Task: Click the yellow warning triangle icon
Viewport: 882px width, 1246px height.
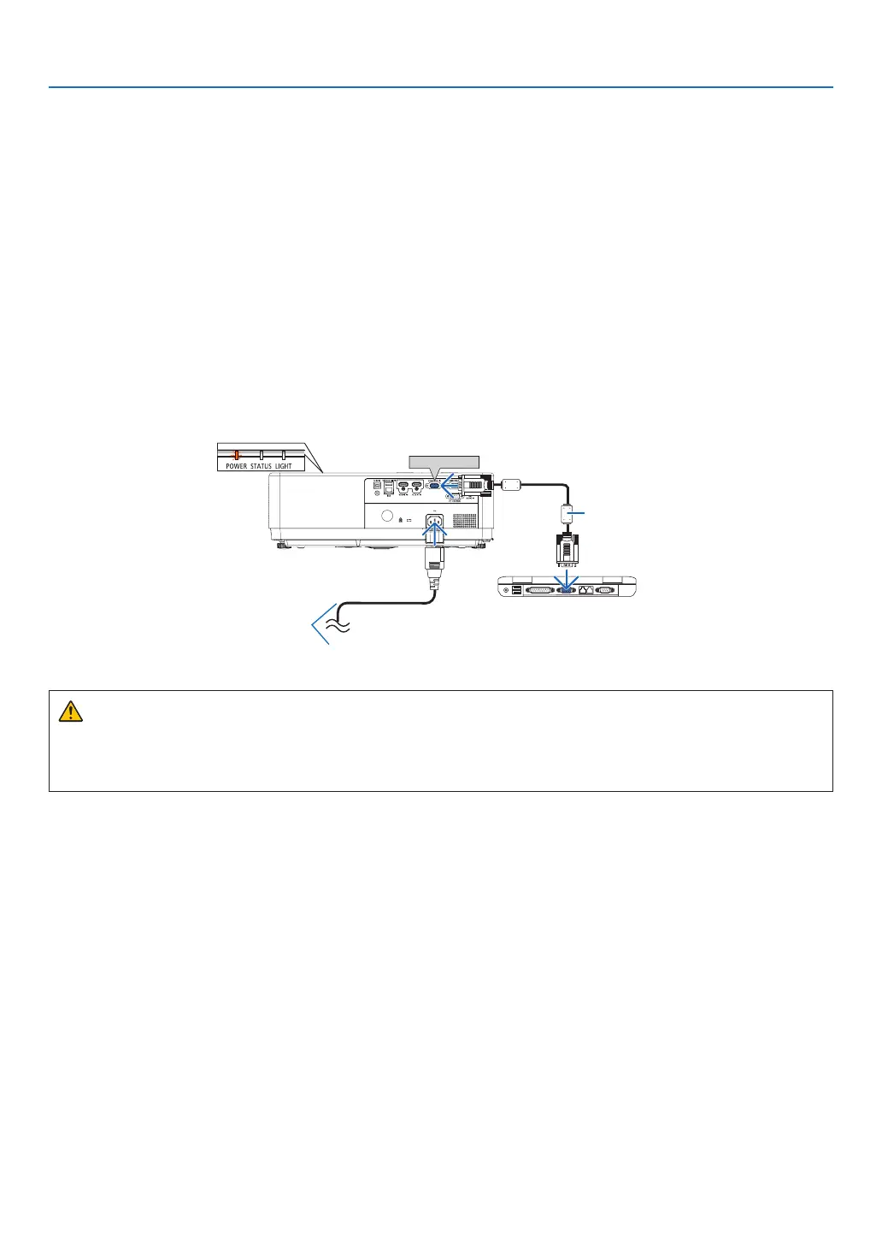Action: pos(70,711)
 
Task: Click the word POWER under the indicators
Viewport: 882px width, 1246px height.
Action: pos(236,466)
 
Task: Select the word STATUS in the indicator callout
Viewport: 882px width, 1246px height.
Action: pos(261,466)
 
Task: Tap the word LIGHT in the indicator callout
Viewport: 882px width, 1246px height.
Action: pos(283,466)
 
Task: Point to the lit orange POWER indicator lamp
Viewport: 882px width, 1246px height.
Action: pos(237,455)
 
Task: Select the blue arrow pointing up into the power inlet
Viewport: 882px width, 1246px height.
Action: pos(434,534)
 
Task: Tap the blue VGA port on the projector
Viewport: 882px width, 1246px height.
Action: pos(432,486)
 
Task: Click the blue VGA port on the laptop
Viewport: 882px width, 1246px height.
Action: pos(566,589)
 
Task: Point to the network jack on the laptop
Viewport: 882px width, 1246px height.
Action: pos(585,589)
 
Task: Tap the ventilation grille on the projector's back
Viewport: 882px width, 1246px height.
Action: pos(464,519)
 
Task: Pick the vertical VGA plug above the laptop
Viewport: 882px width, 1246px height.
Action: pos(567,547)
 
